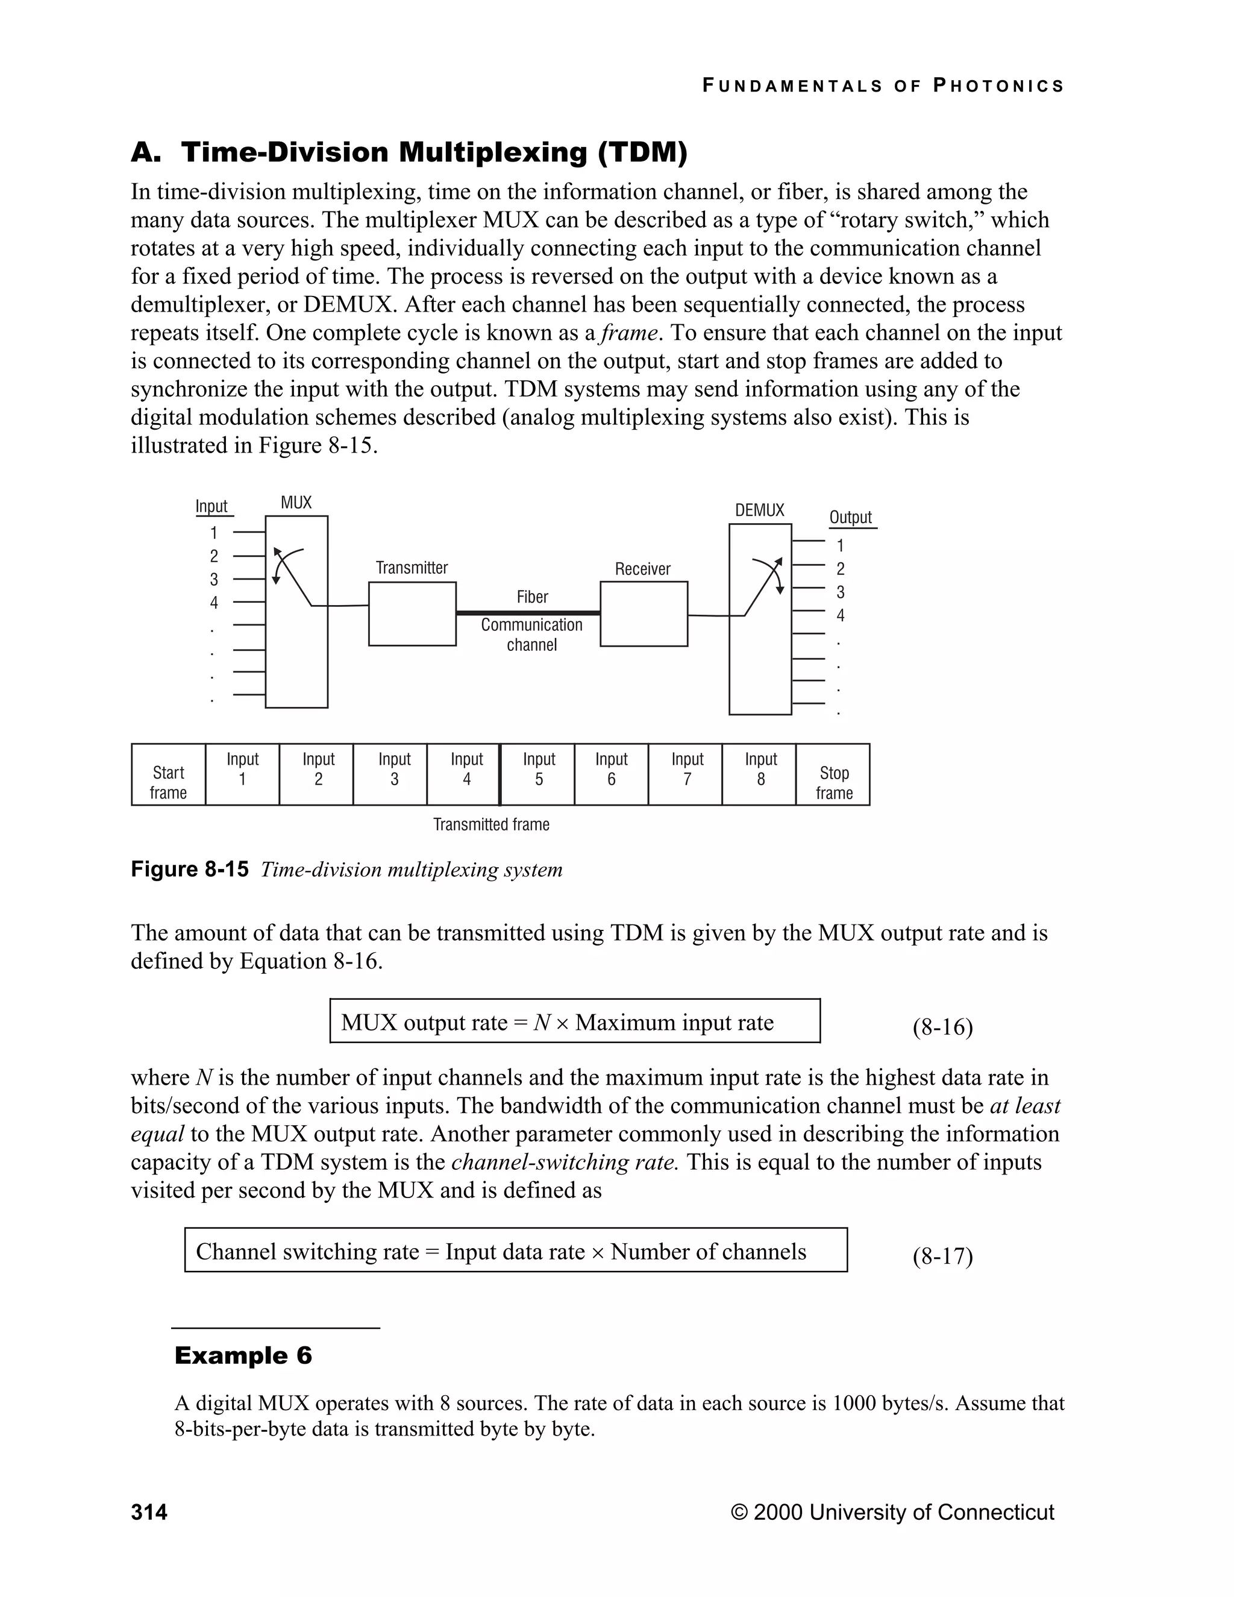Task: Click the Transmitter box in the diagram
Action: (x=412, y=613)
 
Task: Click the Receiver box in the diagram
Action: (x=644, y=613)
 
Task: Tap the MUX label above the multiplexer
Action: (x=296, y=503)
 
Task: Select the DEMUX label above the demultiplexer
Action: (x=760, y=510)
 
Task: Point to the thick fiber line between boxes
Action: (x=528, y=613)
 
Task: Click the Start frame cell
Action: (x=168, y=775)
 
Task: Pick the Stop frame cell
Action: (x=833, y=775)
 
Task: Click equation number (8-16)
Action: (x=942, y=1028)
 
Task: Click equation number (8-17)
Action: (x=942, y=1257)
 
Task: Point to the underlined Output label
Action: (x=850, y=518)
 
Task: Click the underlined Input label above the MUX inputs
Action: (x=211, y=507)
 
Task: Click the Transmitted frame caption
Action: (x=491, y=825)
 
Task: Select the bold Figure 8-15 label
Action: (x=189, y=870)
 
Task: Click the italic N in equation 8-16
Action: (x=542, y=1022)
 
